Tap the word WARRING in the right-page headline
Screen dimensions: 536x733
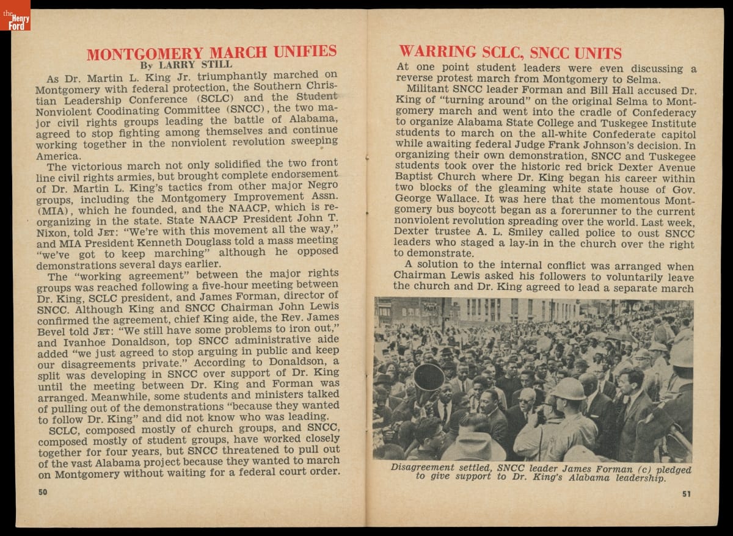tap(437, 52)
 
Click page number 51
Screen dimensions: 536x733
tap(687, 494)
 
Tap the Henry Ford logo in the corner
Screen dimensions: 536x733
tap(15, 15)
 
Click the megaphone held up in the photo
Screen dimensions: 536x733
tap(428, 378)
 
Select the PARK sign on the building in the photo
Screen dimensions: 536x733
tap(431, 308)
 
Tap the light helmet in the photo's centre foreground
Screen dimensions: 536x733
tap(567, 389)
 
